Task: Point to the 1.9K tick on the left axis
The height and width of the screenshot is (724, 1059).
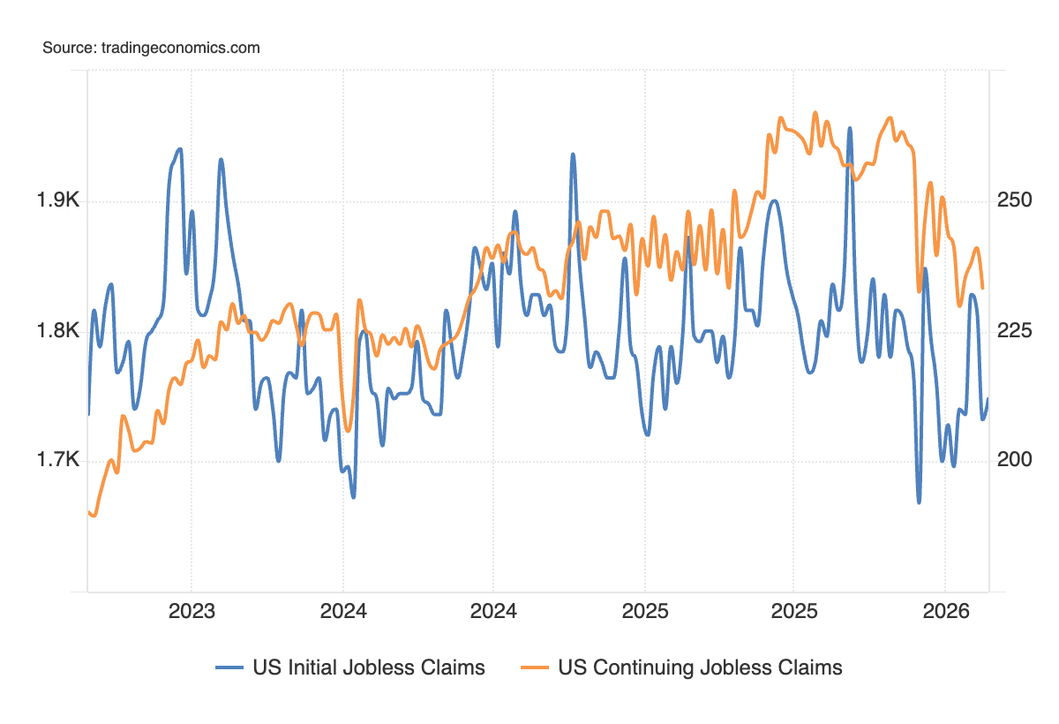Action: click(x=58, y=201)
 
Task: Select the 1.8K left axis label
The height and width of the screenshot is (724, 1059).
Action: click(x=58, y=331)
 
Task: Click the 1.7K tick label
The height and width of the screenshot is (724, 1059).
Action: click(x=58, y=460)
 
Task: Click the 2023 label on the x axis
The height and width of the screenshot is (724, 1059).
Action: click(x=192, y=612)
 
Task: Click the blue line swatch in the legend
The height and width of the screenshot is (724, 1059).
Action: click(x=229, y=667)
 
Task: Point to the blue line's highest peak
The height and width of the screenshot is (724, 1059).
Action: click(x=850, y=128)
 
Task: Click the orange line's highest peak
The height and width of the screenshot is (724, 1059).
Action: click(x=815, y=112)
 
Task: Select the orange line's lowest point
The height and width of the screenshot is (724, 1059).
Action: click(x=94, y=515)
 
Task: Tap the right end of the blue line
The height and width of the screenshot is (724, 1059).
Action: click(x=988, y=399)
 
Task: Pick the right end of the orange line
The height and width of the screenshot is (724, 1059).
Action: click(x=983, y=288)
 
